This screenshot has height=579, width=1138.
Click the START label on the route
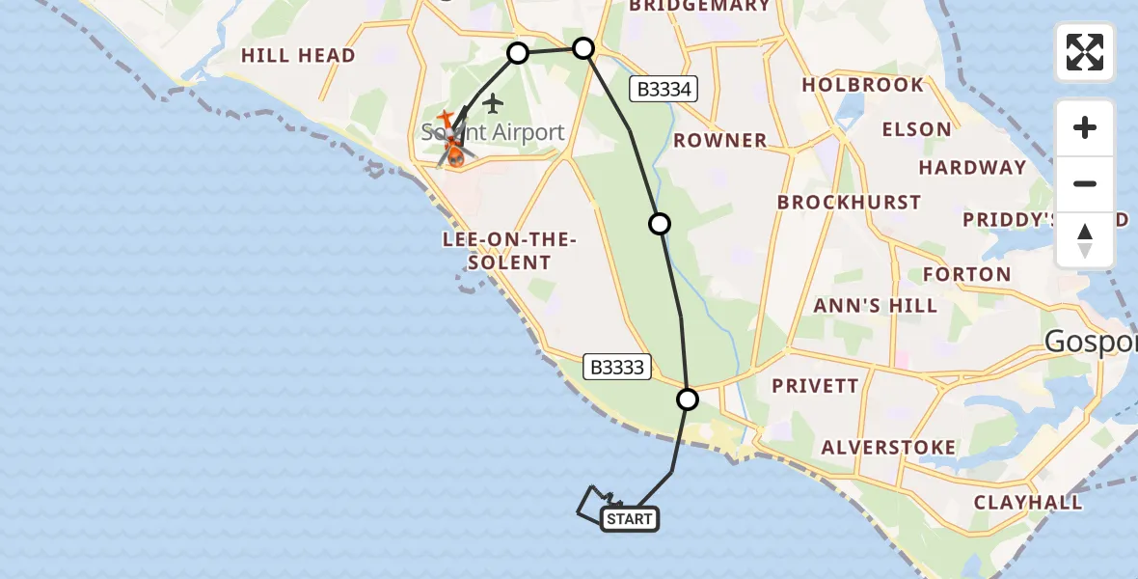pos(631,519)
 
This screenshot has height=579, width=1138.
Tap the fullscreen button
pos(1085,52)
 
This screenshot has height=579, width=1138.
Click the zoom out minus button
pos(1085,183)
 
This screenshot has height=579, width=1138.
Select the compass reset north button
pos(1085,240)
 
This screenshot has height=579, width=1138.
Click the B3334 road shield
pos(664,90)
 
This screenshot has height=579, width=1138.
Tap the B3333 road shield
pos(618,367)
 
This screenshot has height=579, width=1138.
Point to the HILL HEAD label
pos(298,56)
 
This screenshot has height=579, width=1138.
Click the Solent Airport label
pos(493,132)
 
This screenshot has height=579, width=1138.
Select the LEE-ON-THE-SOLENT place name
pos(509,251)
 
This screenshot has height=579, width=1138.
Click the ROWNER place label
pos(720,141)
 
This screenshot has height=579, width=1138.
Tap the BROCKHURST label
pos(849,203)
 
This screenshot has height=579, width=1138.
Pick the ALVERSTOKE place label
pos(888,448)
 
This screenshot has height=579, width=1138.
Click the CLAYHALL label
pos(1028,503)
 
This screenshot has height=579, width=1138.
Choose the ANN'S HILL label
pos(875,306)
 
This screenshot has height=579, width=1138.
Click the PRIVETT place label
pos(815,386)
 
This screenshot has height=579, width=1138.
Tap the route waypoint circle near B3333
pos(688,399)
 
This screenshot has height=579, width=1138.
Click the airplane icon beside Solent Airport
pos(493,102)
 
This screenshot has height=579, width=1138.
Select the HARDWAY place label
pos(972,168)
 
